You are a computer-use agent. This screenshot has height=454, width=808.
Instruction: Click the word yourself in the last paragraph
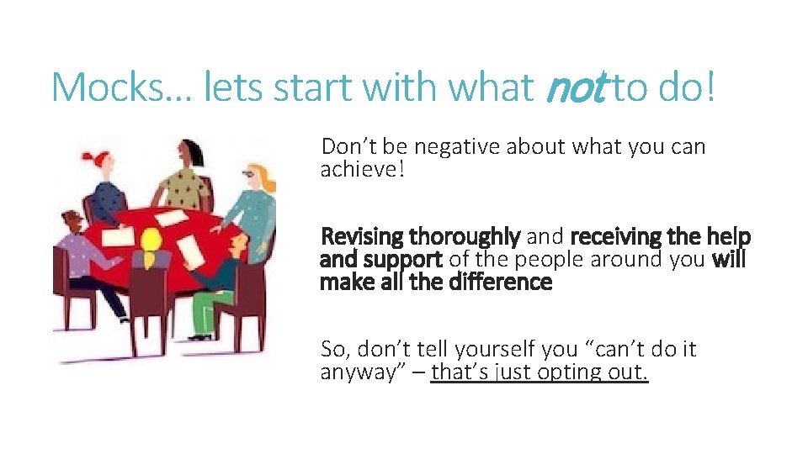(x=470, y=349)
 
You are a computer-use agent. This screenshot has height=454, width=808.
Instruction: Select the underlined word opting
(x=576, y=372)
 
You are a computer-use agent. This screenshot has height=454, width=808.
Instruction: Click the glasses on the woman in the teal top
(x=248, y=173)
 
